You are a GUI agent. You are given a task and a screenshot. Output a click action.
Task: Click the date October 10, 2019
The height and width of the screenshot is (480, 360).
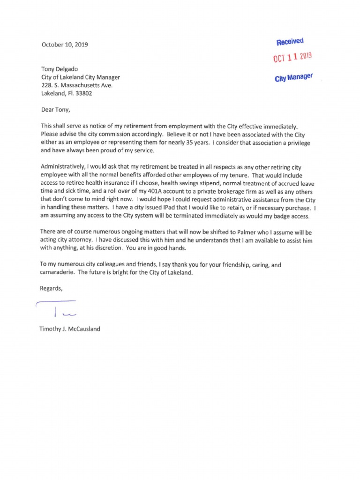point(64,45)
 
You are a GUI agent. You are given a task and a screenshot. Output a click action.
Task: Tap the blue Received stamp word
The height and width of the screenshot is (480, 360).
point(290,42)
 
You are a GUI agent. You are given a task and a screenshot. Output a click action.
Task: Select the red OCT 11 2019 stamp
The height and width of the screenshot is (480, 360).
point(292,58)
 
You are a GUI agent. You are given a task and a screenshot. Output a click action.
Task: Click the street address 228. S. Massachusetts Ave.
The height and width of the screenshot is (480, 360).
point(77,85)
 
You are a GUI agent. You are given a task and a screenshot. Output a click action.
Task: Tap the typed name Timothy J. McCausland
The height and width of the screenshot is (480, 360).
point(70,329)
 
